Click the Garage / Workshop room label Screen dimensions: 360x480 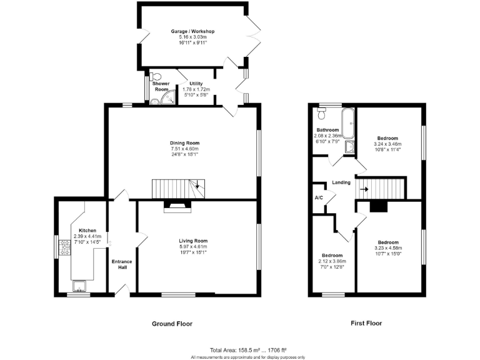point(193,31)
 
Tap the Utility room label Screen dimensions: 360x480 point(196,83)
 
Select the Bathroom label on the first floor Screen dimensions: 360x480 point(327,130)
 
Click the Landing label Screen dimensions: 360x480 point(341,182)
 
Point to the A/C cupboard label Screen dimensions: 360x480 point(319,197)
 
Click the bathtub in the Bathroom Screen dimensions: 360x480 point(348,123)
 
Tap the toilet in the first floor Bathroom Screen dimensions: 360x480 point(322,113)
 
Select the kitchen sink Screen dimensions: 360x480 point(79,286)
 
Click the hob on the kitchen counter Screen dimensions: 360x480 point(63,249)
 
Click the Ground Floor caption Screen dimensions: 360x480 point(172,324)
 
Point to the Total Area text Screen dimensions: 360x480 point(248,349)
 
